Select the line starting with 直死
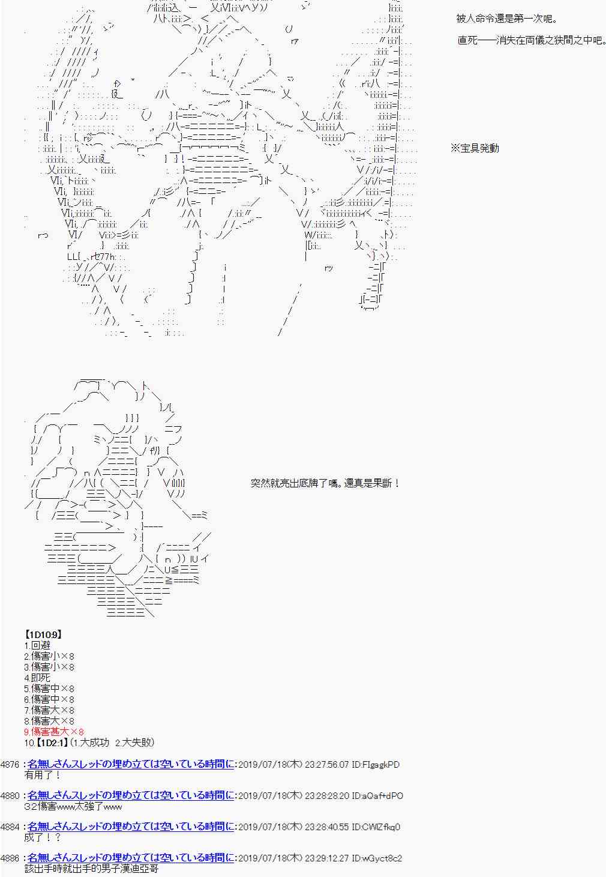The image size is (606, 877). [530, 41]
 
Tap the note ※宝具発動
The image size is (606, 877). [475, 148]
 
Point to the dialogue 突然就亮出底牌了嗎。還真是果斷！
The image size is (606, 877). [325, 483]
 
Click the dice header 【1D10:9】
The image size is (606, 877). [43, 634]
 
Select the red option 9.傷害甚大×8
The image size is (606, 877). [53, 732]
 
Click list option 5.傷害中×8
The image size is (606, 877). [49, 689]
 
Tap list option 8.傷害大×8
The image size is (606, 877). [49, 721]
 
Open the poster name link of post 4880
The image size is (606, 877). [131, 796]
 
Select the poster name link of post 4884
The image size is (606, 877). [131, 827]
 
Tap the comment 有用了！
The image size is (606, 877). [43, 775]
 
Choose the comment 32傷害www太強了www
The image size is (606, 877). [74, 806]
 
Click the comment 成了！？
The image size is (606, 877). [43, 837]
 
